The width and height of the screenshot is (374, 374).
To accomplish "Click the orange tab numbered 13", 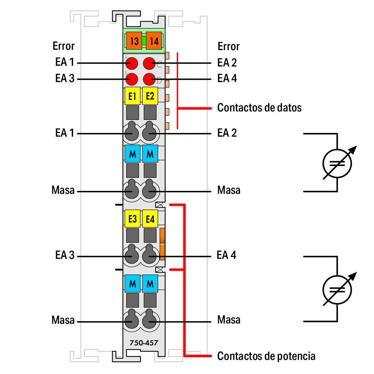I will pyautogui.click(x=134, y=41).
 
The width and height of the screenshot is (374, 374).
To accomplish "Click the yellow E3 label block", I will pyautogui.click(x=132, y=219).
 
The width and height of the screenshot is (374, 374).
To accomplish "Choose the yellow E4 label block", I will pyautogui.click(x=150, y=219).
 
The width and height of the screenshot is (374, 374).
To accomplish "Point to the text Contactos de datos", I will pyautogui.click(x=259, y=108).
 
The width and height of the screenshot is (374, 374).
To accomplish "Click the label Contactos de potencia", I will pyautogui.click(x=266, y=356).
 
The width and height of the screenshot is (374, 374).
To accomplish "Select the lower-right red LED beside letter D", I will pyautogui.click(x=149, y=79).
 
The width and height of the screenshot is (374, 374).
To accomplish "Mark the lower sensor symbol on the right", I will pyautogui.click(x=337, y=289).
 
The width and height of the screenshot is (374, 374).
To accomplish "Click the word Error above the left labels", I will pyautogui.click(x=63, y=46).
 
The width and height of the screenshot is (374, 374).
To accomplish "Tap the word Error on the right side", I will pyautogui.click(x=229, y=46).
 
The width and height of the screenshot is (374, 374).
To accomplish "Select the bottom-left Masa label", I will pyautogui.click(x=63, y=320).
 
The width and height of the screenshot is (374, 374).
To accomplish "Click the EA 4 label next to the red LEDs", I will pyautogui.click(x=227, y=79).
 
